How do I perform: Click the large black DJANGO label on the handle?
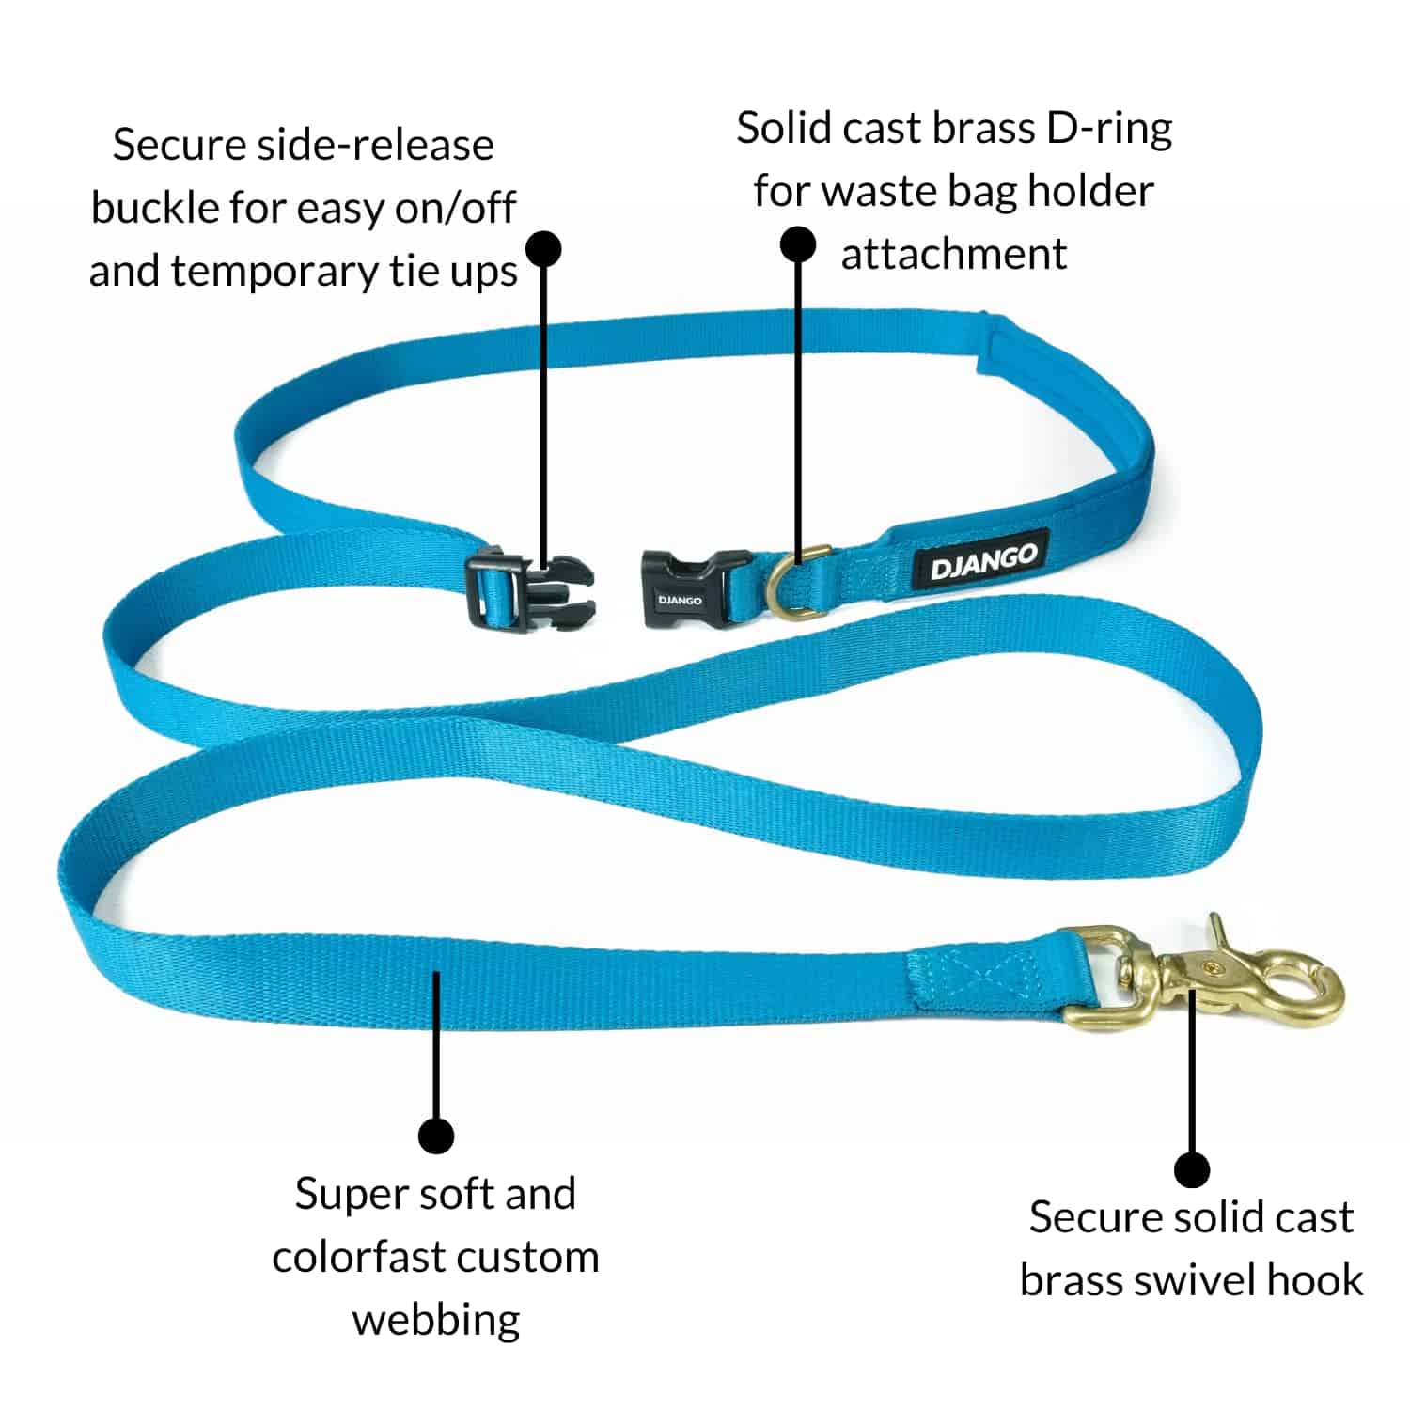(983, 562)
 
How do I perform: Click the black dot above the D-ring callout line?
(798, 245)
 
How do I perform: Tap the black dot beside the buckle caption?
(543, 248)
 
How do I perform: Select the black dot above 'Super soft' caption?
(435, 1136)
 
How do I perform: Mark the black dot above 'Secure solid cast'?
(1192, 1170)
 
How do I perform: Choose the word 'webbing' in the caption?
(436, 1320)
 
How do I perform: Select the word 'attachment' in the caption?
(953, 254)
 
